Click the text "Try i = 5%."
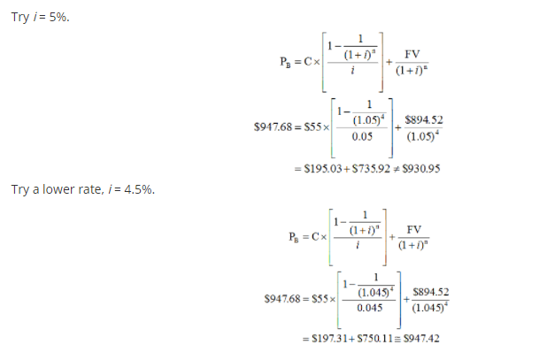click(x=40, y=17)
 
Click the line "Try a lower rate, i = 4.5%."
click(x=83, y=189)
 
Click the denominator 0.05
click(x=361, y=137)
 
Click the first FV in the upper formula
click(x=412, y=53)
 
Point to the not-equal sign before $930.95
click(x=397, y=168)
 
